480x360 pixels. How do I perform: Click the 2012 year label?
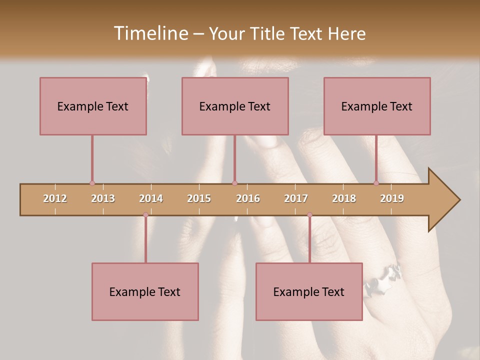tap(55, 198)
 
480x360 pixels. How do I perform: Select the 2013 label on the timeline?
tap(103, 198)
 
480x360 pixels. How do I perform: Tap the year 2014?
tap(151, 198)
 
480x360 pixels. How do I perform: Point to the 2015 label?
tap(199, 198)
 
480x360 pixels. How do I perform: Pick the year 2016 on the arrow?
tap(248, 198)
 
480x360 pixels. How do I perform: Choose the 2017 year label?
tap(296, 198)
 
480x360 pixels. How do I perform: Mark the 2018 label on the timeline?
tap(344, 198)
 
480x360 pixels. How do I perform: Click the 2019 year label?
tap(392, 198)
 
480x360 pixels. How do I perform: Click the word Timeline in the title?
tap(150, 33)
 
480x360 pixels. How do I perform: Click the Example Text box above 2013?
tap(93, 106)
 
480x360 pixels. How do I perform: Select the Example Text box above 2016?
tap(235, 106)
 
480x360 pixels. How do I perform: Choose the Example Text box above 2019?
tap(377, 106)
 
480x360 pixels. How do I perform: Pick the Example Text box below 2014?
tap(145, 291)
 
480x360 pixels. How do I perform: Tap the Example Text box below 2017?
tap(309, 291)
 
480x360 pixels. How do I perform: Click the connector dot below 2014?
tap(145, 215)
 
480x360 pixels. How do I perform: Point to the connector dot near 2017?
tap(309, 215)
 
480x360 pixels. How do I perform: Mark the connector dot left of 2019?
tap(376, 183)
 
